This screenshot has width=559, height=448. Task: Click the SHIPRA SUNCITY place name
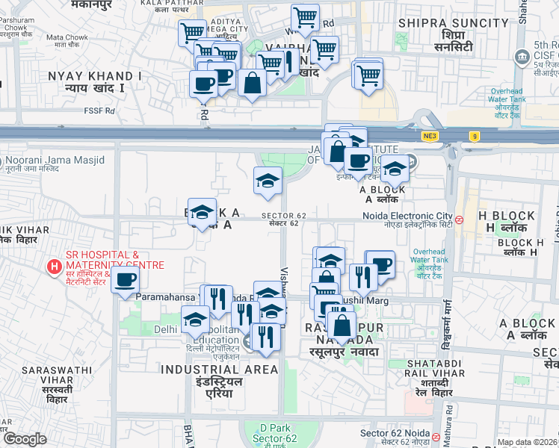(x=443, y=23)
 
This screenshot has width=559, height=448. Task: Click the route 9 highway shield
(x=474, y=136)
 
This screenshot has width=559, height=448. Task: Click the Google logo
(x=24, y=439)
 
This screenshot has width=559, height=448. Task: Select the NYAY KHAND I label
(x=94, y=76)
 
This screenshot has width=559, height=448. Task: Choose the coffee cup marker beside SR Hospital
(x=125, y=279)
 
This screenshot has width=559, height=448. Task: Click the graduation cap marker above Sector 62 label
(x=268, y=180)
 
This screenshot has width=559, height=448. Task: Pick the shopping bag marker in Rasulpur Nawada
(x=342, y=324)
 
